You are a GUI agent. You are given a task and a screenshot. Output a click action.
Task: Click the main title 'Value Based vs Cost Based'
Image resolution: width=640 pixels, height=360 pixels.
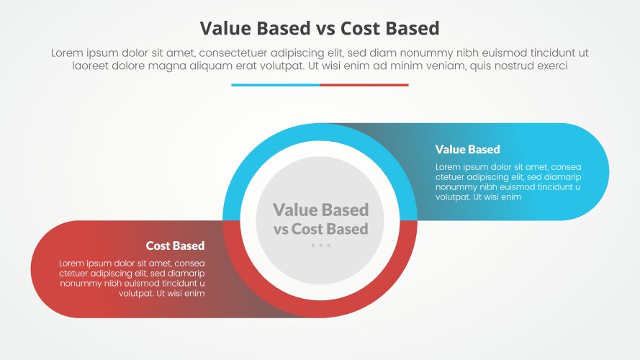[x=320, y=28]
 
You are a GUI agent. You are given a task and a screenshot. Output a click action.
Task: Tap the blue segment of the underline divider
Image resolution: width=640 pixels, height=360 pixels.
[x=275, y=85]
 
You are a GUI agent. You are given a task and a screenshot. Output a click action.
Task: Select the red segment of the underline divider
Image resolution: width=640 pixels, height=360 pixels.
[x=364, y=85]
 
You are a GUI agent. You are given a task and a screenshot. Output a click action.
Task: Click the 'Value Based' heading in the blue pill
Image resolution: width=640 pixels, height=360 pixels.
[x=467, y=150]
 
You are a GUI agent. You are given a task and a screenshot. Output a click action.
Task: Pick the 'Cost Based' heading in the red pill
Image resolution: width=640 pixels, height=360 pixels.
[x=175, y=246]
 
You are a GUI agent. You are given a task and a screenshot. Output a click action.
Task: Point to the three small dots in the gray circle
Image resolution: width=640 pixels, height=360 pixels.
[x=320, y=246]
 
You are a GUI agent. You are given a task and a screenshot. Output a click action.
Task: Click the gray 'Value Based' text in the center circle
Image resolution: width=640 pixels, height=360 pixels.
[x=320, y=210]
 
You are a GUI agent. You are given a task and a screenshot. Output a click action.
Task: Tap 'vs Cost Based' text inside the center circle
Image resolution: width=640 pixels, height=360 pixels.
[x=320, y=229]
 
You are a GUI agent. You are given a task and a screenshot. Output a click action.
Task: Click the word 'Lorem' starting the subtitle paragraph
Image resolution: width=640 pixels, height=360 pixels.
[x=68, y=53]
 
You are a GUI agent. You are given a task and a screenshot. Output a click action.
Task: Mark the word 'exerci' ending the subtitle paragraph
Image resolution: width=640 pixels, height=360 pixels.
[x=551, y=66]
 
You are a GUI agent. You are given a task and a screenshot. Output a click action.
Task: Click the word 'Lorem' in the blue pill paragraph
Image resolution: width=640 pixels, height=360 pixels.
[x=450, y=167]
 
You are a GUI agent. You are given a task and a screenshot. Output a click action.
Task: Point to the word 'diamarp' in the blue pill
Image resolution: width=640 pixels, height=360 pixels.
[x=562, y=177]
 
